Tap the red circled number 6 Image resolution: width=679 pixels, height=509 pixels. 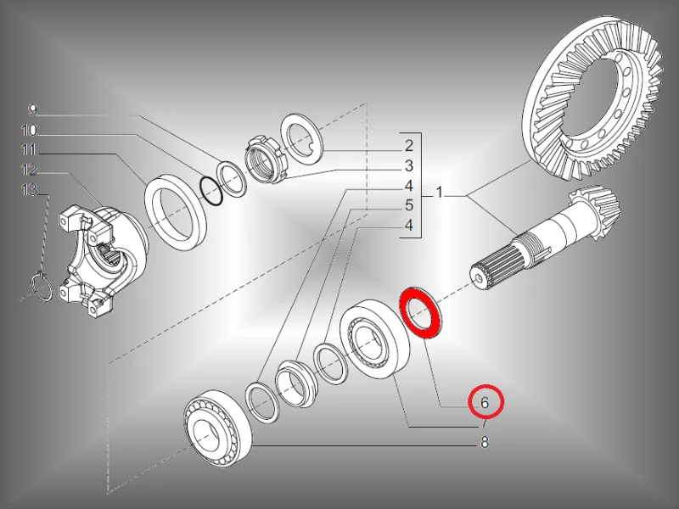pyautogui.click(x=485, y=402)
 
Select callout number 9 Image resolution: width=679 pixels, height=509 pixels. pyautogui.click(x=33, y=110)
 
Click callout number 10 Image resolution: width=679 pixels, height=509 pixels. pyautogui.click(x=29, y=131)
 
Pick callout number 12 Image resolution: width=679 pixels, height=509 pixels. pyautogui.click(x=29, y=170)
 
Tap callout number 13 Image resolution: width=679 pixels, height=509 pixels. pyautogui.click(x=29, y=189)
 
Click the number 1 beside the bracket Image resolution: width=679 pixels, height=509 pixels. pyautogui.click(x=440, y=193)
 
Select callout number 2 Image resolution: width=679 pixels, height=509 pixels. pyautogui.click(x=409, y=146)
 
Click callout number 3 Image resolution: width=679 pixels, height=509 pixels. pyautogui.click(x=409, y=165)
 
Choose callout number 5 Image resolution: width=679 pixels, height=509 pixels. pyautogui.click(x=409, y=205)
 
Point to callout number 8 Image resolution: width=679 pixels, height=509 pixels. pyautogui.click(x=485, y=442)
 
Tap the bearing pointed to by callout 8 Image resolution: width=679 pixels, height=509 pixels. pyautogui.click(x=217, y=429)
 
